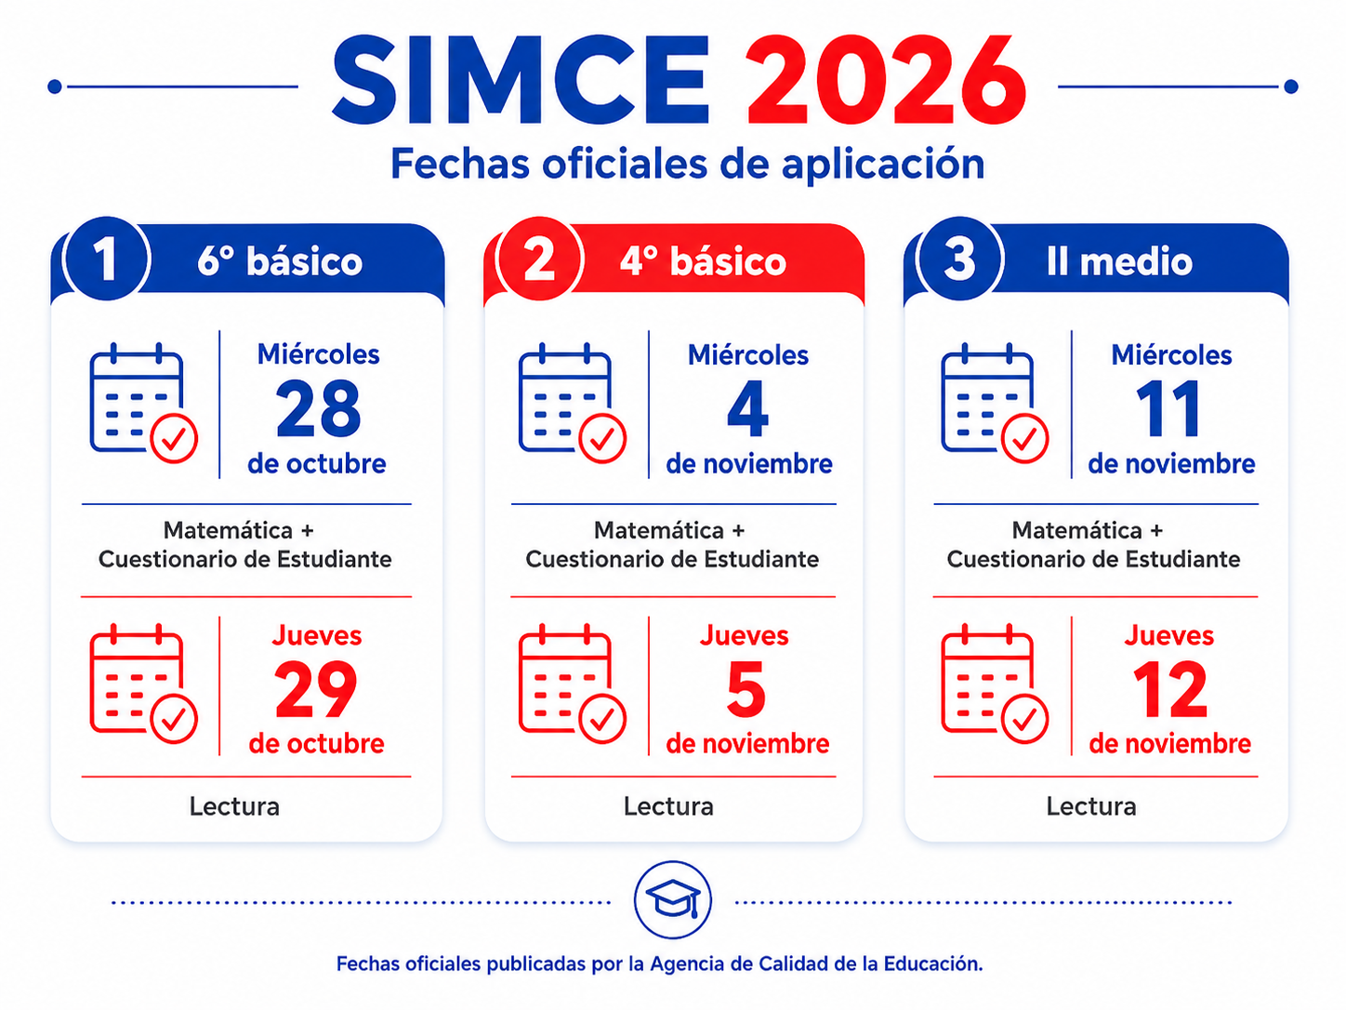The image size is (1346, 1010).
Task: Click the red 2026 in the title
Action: click(x=886, y=80)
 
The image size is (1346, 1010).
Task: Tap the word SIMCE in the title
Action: click(x=521, y=80)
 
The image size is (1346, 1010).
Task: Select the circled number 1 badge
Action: click(x=107, y=259)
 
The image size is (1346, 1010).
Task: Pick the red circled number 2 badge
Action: click(x=540, y=259)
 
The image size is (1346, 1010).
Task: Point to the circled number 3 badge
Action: click(x=959, y=259)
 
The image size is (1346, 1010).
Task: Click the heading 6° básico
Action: click(x=280, y=262)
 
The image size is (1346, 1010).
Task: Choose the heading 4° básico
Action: click(x=703, y=262)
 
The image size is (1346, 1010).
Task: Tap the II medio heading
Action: click(x=1119, y=261)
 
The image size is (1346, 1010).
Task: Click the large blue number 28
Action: click(x=318, y=407)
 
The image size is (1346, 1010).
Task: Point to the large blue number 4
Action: click(x=747, y=407)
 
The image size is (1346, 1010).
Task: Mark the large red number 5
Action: click(x=746, y=689)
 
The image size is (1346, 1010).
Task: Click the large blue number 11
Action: click(x=1168, y=407)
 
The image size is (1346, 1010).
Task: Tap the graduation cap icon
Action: click(x=673, y=900)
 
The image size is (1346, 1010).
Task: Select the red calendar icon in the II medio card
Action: click(x=995, y=684)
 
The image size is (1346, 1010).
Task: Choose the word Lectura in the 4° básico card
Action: click(x=668, y=806)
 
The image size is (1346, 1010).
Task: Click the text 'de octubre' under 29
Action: click(x=316, y=744)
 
